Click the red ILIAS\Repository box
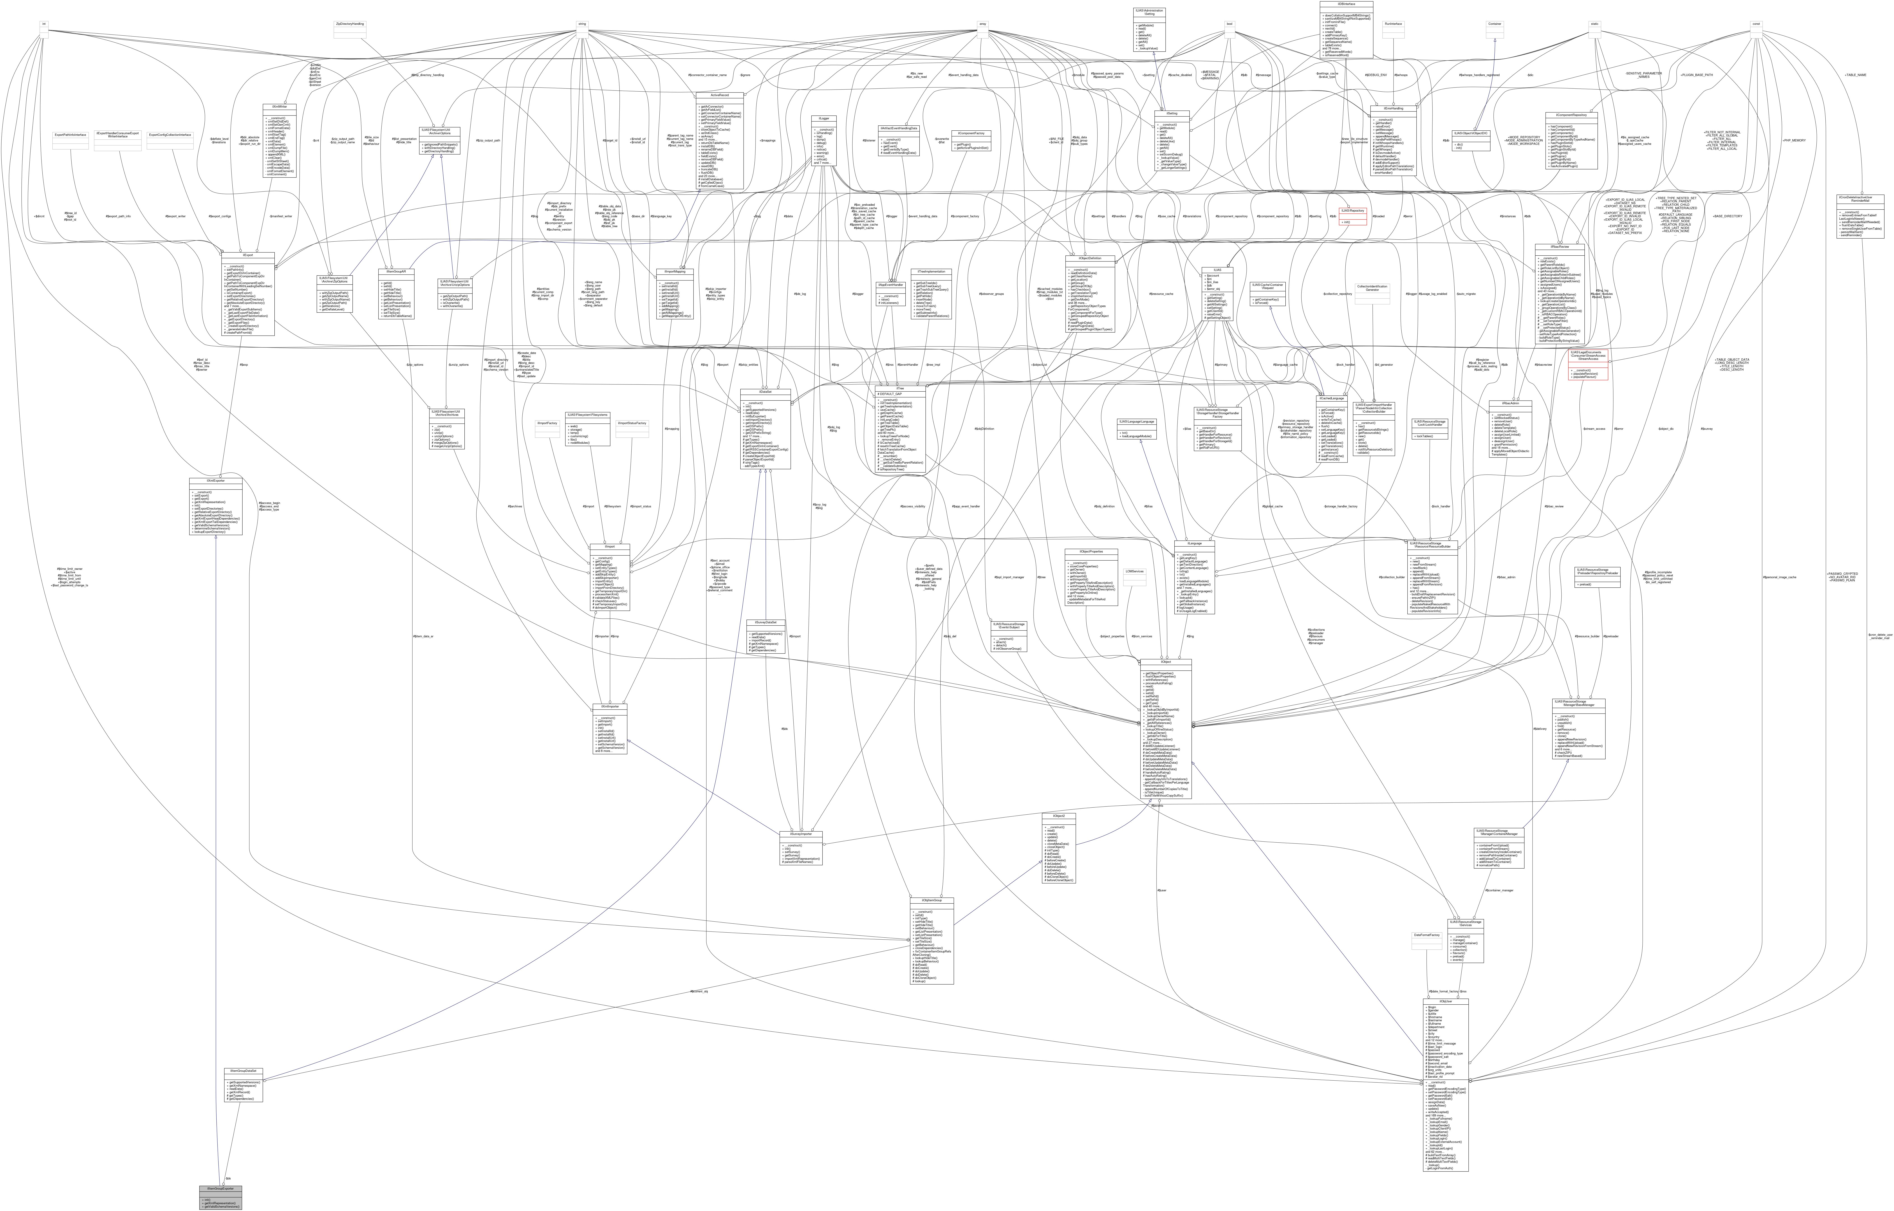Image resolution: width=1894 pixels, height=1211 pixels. coord(1351,211)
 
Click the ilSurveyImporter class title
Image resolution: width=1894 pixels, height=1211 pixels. coord(801,834)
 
